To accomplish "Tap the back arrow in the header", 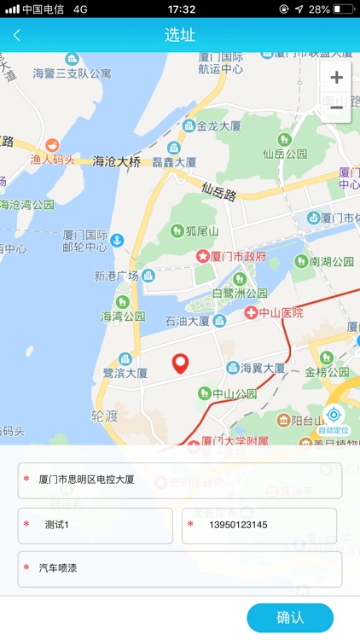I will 17,35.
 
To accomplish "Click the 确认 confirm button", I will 290,617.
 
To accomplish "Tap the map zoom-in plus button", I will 337,78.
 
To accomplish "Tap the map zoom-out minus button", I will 337,108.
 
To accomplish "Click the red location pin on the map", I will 180,364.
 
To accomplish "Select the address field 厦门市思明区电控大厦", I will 180,480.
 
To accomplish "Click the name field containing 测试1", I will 96,525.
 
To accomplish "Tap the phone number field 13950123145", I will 259,525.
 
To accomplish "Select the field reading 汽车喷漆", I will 180,568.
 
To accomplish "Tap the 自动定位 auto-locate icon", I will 334,416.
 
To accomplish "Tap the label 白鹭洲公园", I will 240,293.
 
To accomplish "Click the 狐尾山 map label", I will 202,230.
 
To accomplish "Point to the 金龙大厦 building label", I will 218,126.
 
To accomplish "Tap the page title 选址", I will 180,35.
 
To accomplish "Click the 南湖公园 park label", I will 331,262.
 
